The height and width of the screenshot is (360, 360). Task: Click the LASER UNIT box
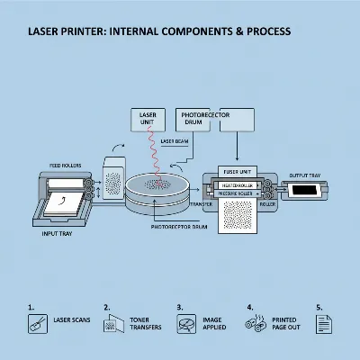[148, 120]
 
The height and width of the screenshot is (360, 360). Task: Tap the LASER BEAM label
[175, 141]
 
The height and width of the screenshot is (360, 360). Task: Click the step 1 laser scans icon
[35, 325]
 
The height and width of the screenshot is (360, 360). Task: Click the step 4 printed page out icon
[257, 325]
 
